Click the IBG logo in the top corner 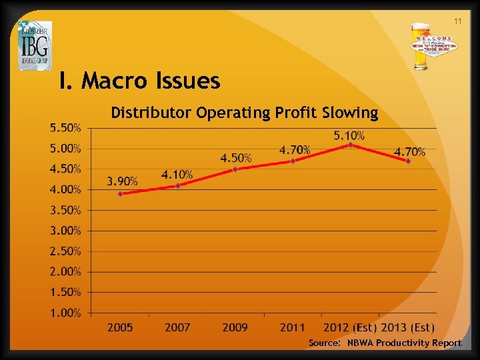tap(35, 45)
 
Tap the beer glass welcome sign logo tap(433, 47)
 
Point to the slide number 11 tap(458, 22)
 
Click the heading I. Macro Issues tap(139, 81)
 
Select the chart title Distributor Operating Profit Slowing tap(244, 113)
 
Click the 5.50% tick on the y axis tap(66, 127)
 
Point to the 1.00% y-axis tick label tap(66, 313)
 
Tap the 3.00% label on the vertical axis tap(66, 231)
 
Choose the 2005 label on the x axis tap(121, 327)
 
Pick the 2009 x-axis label tap(235, 327)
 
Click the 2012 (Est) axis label tap(350, 327)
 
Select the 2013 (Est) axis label tap(407, 327)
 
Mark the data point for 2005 tap(121, 194)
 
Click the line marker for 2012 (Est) tap(350, 145)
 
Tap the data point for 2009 tap(235, 169)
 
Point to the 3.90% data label tap(123, 181)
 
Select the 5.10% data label tap(349, 135)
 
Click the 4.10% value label tap(177, 174)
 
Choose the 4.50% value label tap(236, 158)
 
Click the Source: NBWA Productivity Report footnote tap(385, 343)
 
